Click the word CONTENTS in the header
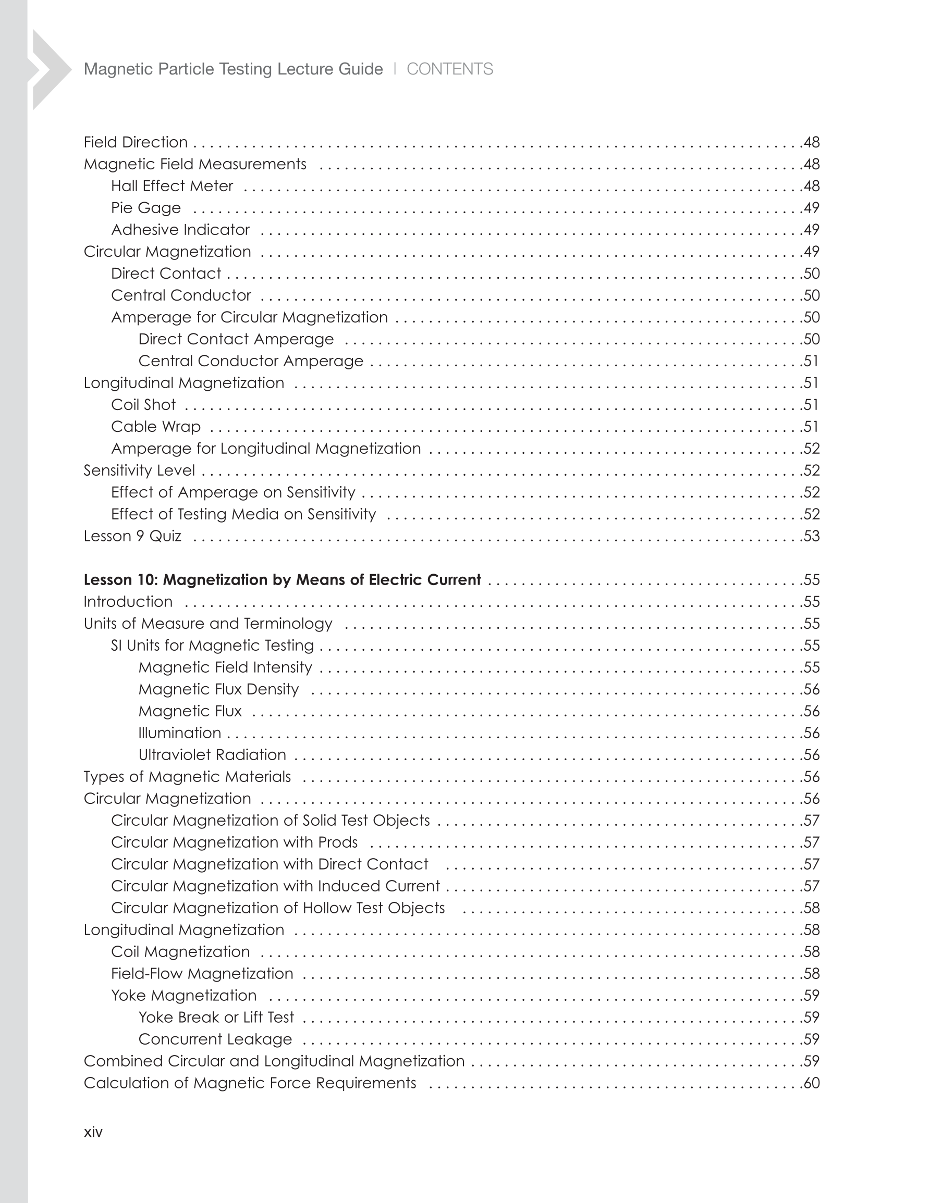449,69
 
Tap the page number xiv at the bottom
93,1132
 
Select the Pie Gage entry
146,208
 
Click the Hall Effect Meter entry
172,185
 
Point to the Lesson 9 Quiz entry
132,536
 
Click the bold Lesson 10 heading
282,579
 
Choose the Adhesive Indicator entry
180,230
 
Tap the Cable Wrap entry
156,426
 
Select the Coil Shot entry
143,405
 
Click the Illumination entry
180,733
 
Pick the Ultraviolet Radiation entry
212,754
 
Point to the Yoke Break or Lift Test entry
216,1017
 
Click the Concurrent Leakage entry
215,1039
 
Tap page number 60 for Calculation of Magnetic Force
812,1083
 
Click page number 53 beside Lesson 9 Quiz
812,536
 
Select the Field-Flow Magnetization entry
202,973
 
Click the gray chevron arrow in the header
50,69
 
